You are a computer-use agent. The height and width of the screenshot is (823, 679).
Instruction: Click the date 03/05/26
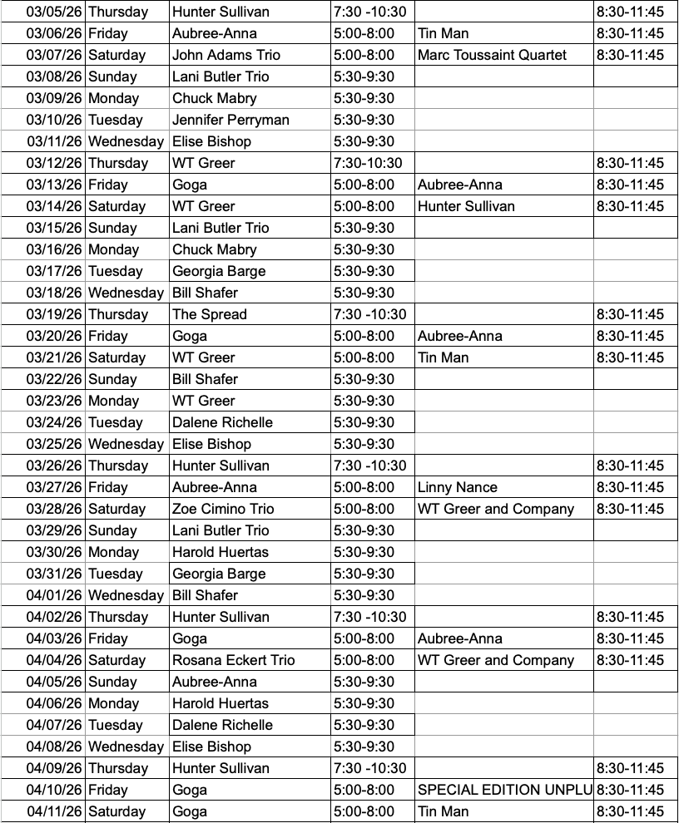click(x=55, y=12)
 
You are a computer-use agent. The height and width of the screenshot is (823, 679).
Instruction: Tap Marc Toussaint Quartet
click(x=492, y=55)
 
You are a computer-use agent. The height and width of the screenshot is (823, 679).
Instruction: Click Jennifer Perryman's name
click(x=230, y=120)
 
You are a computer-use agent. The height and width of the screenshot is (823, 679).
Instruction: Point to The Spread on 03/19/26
click(x=210, y=314)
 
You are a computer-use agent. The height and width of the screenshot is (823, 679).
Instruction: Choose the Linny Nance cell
click(x=458, y=487)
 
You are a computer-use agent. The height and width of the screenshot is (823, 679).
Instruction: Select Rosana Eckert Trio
click(x=233, y=660)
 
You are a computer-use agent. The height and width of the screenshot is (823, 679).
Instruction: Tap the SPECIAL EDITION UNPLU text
click(x=504, y=790)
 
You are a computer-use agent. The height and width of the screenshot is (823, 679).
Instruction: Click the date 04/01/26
click(x=55, y=595)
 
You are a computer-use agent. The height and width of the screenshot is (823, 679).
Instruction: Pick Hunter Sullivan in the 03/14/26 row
click(x=466, y=206)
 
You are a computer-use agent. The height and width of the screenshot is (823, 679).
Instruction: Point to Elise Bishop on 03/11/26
click(x=211, y=141)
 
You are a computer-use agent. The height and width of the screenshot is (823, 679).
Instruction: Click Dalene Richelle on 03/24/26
click(x=222, y=422)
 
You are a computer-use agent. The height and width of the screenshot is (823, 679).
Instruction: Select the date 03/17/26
click(x=55, y=271)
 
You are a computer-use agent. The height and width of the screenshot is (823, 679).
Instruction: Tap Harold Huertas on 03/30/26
click(x=221, y=552)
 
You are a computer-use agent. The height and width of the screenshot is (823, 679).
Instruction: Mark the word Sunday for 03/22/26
click(x=112, y=379)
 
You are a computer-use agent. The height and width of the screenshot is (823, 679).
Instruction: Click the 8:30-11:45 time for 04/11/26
click(x=630, y=811)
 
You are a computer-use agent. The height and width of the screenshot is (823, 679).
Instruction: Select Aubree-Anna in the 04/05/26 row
click(x=214, y=682)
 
